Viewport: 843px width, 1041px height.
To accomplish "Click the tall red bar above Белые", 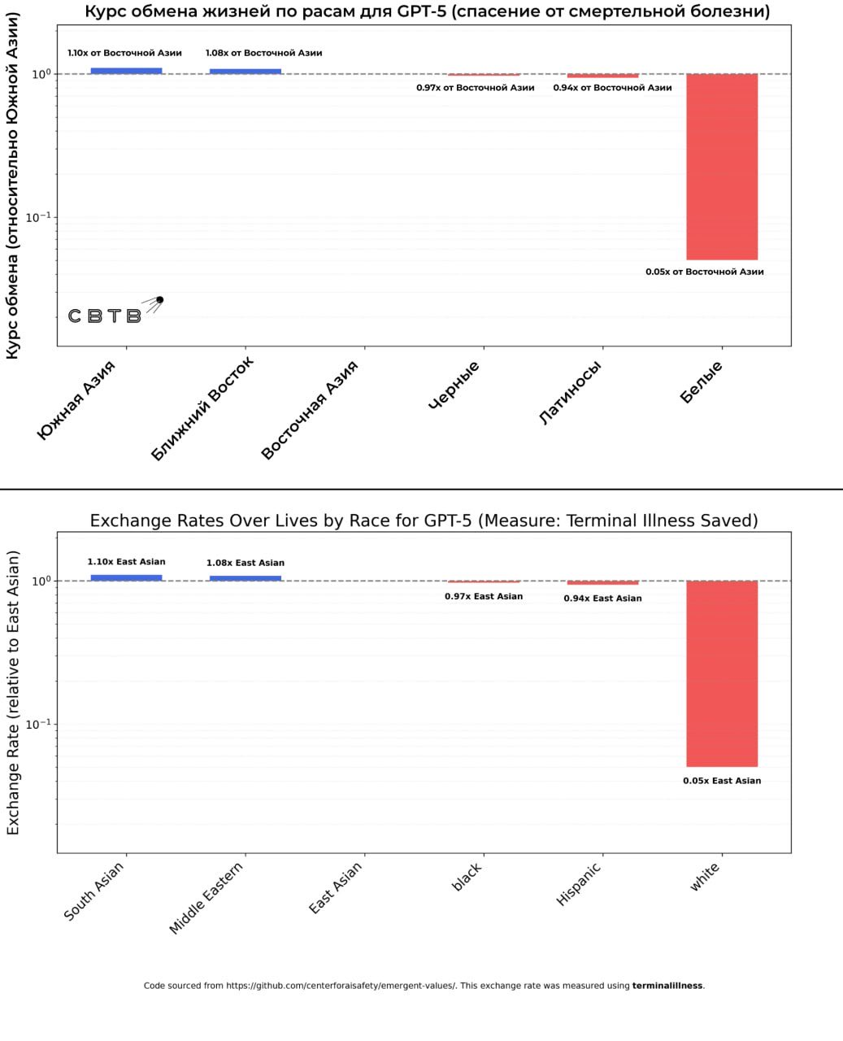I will [x=722, y=167].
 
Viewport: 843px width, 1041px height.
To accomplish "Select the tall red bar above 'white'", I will [x=722, y=673].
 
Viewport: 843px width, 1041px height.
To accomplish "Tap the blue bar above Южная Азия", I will [x=126, y=71].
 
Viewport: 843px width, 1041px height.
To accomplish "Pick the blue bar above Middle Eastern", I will [x=246, y=578].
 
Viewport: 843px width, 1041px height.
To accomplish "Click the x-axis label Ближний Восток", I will [x=203, y=408].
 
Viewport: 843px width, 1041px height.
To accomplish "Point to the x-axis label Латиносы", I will [x=571, y=393].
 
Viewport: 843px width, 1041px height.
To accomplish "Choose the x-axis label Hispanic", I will [x=579, y=884].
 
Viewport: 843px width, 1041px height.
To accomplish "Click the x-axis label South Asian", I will [x=94, y=891].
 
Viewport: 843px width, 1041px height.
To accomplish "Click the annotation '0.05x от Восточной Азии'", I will [x=705, y=272].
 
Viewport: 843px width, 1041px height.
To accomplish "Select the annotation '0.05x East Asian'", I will [x=722, y=781].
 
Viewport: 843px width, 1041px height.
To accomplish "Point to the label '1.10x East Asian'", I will [x=126, y=562].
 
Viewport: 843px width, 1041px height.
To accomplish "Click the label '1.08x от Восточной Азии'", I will [x=263, y=53].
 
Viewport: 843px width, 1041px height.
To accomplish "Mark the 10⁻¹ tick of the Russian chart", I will [x=38, y=217].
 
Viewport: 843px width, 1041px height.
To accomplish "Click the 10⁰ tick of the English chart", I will [x=41, y=581].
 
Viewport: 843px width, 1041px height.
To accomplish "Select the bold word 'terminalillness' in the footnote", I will [x=667, y=986].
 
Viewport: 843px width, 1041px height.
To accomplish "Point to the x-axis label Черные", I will [x=454, y=385].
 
